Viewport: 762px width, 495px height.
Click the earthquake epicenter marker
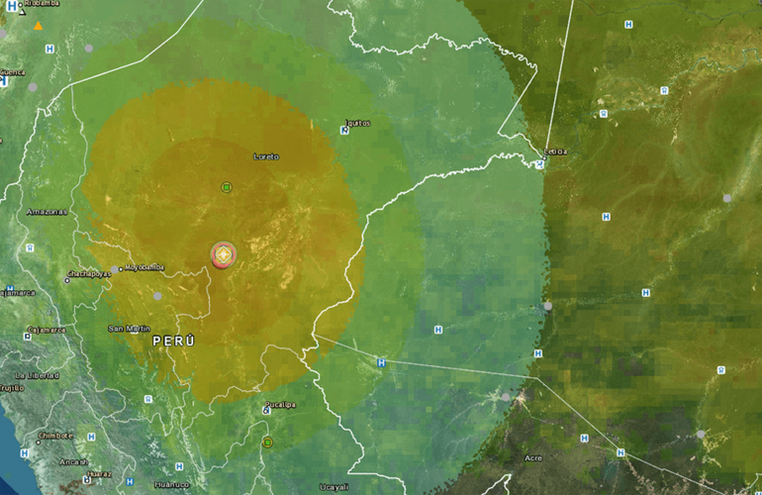(x=225, y=254)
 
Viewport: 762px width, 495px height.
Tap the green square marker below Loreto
(x=226, y=187)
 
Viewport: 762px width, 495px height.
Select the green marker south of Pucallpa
(x=267, y=442)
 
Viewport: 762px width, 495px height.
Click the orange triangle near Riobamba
(x=39, y=25)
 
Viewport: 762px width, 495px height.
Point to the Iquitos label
(x=357, y=123)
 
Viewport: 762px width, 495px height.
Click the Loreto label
(x=266, y=156)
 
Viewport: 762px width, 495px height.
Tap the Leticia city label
(x=555, y=151)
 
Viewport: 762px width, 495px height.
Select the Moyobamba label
(x=143, y=267)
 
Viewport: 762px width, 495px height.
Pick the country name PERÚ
(x=173, y=341)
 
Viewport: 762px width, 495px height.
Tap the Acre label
(x=533, y=457)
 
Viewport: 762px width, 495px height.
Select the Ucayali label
(x=333, y=486)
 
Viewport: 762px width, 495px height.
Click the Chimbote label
(x=54, y=435)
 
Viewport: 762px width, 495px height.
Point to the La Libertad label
(x=37, y=376)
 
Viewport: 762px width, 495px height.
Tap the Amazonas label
(x=47, y=212)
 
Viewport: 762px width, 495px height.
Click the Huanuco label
(x=171, y=484)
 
